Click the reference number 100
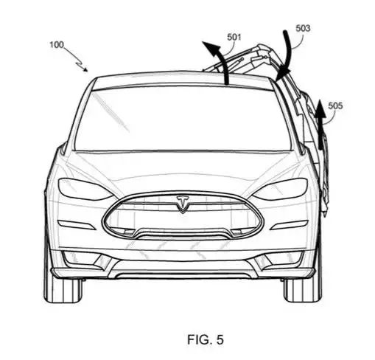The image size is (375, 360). pyautogui.click(x=57, y=45)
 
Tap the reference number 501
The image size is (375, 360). pyautogui.click(x=234, y=37)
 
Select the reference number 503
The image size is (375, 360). pyautogui.click(x=303, y=28)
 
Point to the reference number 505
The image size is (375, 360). pyautogui.click(x=335, y=105)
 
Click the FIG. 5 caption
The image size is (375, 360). pyautogui.click(x=206, y=339)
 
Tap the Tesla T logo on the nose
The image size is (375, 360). pyautogui.click(x=183, y=204)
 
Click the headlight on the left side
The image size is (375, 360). pyautogui.click(x=85, y=189)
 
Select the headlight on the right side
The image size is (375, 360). pyautogui.click(x=281, y=189)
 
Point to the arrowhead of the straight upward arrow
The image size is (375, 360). pyautogui.click(x=320, y=108)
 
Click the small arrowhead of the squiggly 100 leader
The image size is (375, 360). pyautogui.click(x=85, y=69)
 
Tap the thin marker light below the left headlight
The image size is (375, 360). pyautogui.click(x=77, y=225)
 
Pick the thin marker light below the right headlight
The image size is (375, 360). pyautogui.click(x=289, y=225)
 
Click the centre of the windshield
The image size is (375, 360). pyautogui.click(x=183, y=120)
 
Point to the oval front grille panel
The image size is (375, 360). pyautogui.click(x=183, y=216)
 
